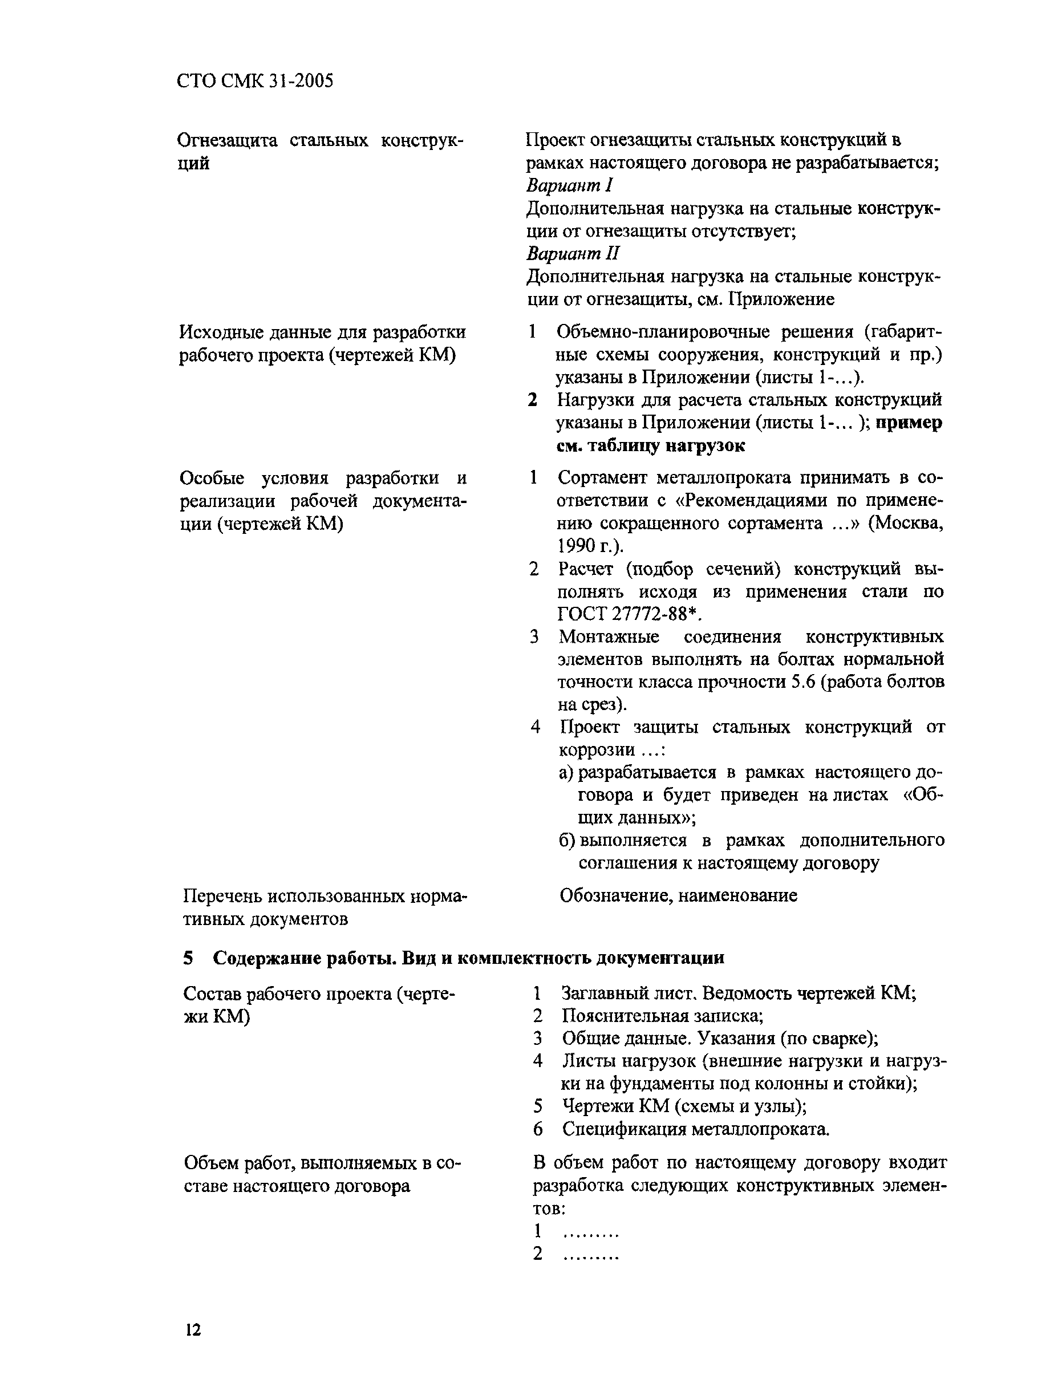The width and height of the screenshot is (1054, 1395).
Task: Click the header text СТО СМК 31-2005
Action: click(x=255, y=81)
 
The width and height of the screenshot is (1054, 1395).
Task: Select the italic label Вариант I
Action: click(x=570, y=185)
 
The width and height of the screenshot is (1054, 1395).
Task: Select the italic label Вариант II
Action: click(x=573, y=254)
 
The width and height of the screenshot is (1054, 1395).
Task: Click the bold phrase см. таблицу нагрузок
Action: click(x=650, y=445)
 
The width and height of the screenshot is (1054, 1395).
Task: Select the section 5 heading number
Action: click(x=188, y=958)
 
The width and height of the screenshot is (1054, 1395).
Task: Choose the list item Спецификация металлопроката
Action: click(x=696, y=1129)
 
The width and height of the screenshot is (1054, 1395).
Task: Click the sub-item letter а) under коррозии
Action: click(x=566, y=773)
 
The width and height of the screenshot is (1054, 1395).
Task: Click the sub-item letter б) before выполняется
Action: click(x=567, y=841)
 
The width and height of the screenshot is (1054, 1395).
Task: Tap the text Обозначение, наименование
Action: click(x=678, y=895)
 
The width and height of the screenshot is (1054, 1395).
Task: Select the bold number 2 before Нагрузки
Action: click(x=533, y=400)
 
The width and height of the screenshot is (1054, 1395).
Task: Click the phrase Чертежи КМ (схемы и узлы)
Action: click(x=684, y=1106)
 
